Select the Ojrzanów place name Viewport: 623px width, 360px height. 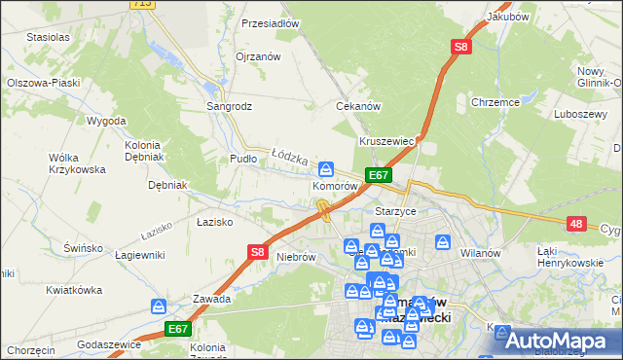click(x=258, y=56)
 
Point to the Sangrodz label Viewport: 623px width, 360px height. click(x=228, y=105)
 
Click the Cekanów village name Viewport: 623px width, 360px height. click(x=356, y=106)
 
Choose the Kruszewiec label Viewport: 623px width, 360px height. click(x=387, y=141)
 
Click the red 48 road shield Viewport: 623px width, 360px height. click(x=577, y=224)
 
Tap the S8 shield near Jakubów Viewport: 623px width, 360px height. click(x=461, y=46)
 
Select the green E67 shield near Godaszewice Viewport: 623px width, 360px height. click(x=177, y=330)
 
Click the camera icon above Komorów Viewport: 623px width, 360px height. click(x=327, y=167)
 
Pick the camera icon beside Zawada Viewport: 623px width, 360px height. click(x=159, y=307)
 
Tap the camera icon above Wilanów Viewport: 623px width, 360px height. click(x=444, y=241)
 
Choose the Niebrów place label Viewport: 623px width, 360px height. click(x=297, y=257)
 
